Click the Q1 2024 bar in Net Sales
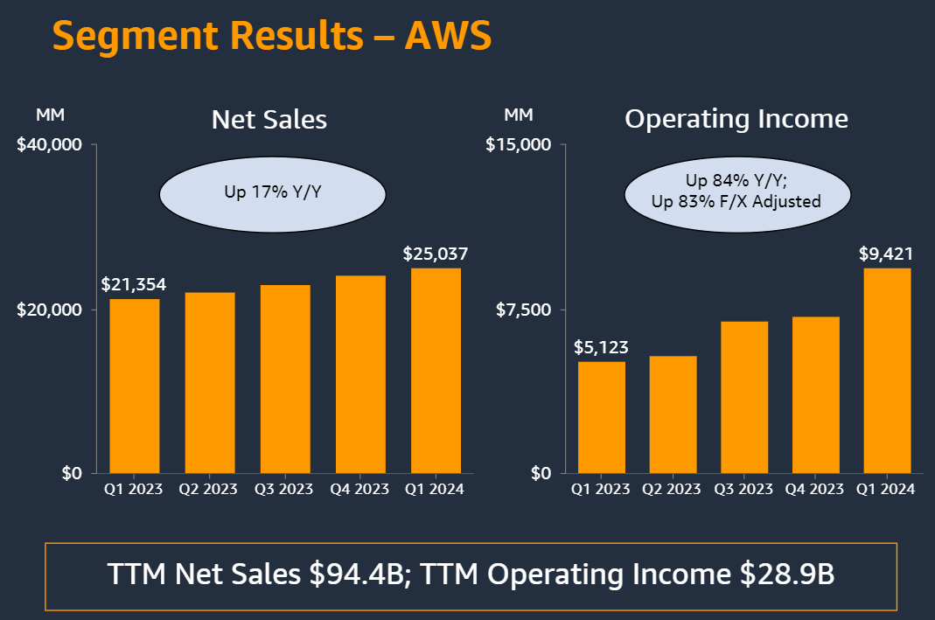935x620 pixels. [436, 371]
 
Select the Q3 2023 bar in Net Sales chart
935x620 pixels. [285, 379]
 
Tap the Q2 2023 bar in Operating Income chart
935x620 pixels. [673, 414]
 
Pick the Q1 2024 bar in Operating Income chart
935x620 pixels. [887, 371]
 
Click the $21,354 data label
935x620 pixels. [134, 285]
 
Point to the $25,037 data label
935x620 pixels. [436, 254]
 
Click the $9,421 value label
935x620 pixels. [886, 254]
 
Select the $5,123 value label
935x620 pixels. [601, 347]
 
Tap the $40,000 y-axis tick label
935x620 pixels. [50, 144]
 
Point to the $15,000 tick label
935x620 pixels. [519, 144]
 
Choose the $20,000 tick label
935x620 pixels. [50, 310]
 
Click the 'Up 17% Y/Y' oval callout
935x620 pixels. [272, 191]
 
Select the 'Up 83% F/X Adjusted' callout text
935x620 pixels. [736, 201]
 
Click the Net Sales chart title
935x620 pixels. [269, 120]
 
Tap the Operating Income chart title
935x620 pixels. [736, 119]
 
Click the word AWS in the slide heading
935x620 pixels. [448, 36]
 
